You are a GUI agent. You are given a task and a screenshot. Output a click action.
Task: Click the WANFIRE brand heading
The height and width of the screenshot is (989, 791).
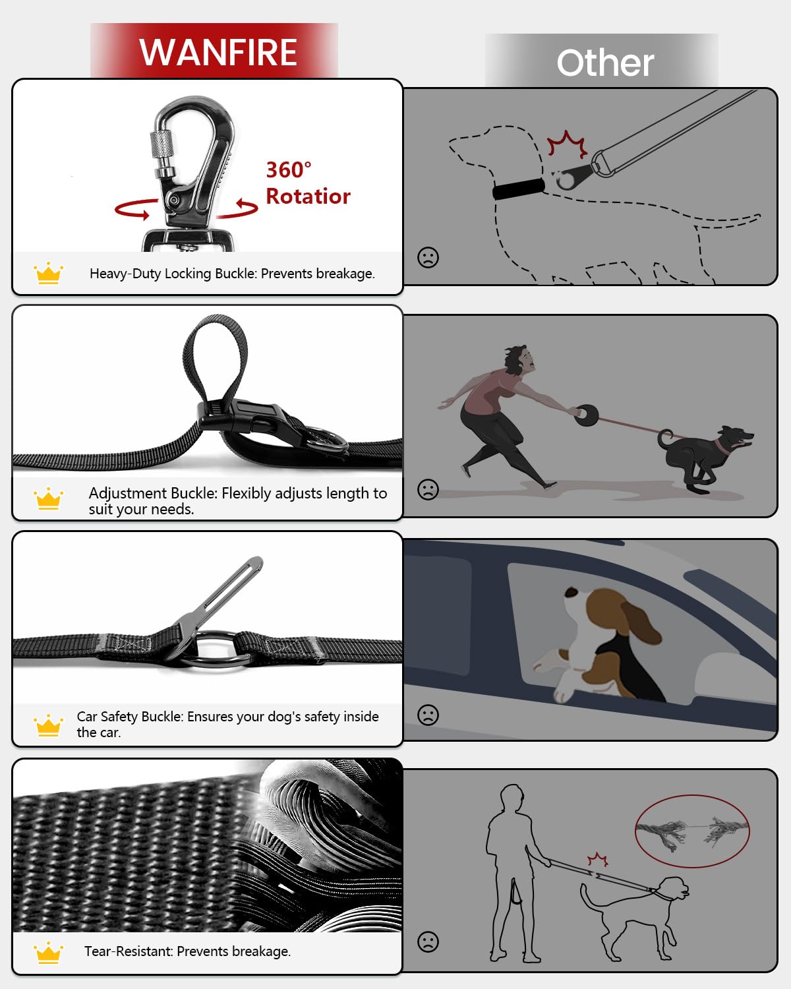[x=218, y=52]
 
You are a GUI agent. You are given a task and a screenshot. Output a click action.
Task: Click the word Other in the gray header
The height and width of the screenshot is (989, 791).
[x=604, y=63]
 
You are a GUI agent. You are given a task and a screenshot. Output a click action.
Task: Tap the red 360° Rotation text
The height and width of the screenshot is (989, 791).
[x=307, y=183]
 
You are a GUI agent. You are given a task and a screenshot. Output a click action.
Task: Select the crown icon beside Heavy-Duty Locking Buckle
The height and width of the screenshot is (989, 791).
[x=48, y=273]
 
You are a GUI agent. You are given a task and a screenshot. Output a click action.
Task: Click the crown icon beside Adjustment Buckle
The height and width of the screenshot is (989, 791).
[x=48, y=499]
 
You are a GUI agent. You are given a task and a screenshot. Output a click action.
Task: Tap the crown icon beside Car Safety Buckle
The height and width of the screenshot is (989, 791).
[x=48, y=725]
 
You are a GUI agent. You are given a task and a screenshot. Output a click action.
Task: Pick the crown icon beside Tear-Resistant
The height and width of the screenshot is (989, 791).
[x=48, y=952]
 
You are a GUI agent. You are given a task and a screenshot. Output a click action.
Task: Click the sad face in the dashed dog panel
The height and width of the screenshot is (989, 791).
[x=428, y=257]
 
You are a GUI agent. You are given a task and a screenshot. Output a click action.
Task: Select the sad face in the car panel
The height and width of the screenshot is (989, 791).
[x=428, y=715]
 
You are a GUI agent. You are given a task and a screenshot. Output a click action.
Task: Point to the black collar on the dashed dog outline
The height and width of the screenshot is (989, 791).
[x=519, y=190]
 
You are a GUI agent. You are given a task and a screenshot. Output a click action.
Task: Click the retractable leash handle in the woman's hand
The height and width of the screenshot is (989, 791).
[x=585, y=415]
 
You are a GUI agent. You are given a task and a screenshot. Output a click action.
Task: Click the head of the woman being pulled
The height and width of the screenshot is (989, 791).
[x=518, y=359]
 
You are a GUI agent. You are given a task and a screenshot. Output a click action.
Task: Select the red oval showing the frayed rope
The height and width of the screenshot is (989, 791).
[x=692, y=830]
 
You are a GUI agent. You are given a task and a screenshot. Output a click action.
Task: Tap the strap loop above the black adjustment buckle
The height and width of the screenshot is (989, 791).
[x=216, y=356]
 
